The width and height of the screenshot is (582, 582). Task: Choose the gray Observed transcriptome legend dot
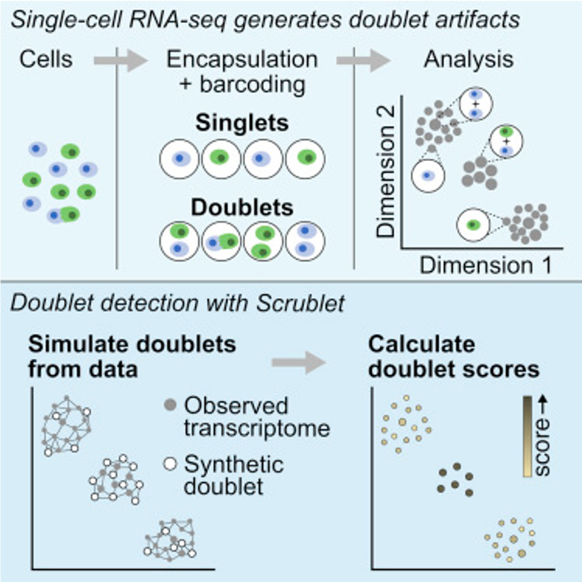click(170, 407)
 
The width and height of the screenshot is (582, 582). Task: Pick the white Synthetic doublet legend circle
click(170, 466)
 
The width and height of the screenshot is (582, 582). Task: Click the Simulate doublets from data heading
click(132, 355)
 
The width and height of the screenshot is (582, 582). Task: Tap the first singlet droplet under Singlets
click(179, 158)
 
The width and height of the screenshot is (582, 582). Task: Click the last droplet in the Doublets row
click(305, 241)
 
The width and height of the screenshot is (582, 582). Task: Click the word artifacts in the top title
click(490, 18)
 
